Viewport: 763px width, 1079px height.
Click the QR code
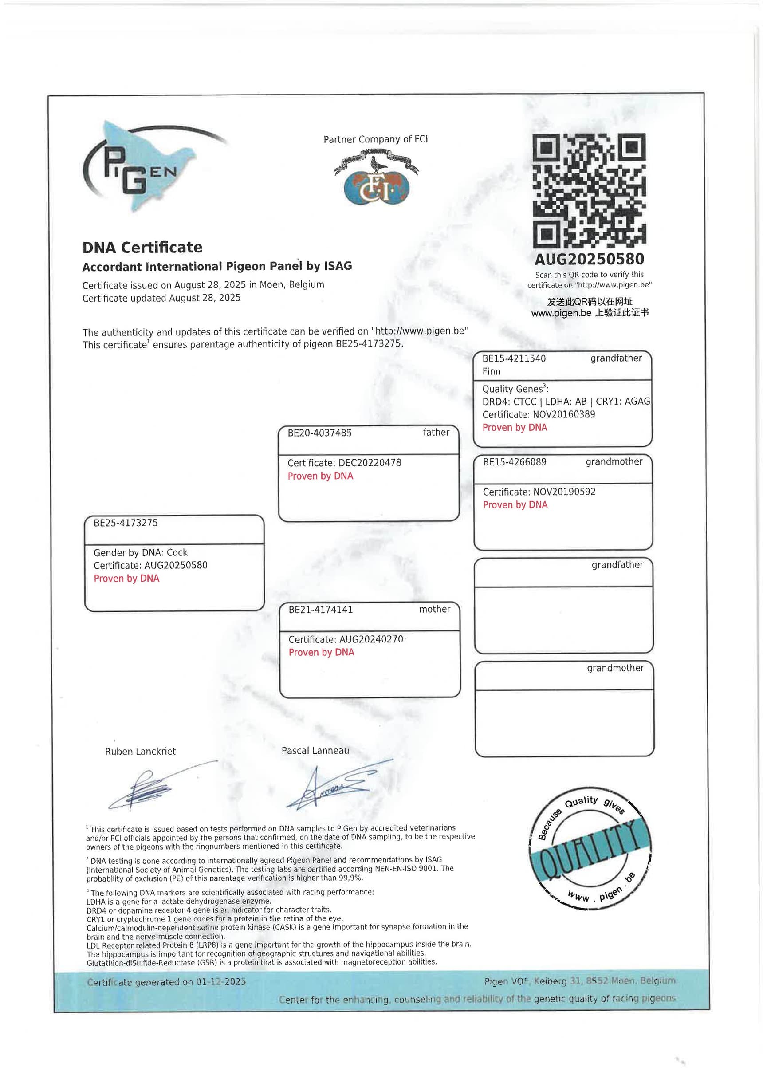[x=589, y=190]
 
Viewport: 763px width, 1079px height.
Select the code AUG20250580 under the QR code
[x=589, y=259]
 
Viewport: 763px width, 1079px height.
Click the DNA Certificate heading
[x=142, y=247]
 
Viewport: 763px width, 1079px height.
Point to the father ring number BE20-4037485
[x=319, y=433]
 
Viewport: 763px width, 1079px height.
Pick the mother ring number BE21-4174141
[x=320, y=610]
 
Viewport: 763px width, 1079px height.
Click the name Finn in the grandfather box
[x=492, y=371]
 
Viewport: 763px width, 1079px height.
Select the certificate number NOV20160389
[x=564, y=414]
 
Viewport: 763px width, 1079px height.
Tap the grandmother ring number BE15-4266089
[x=515, y=461]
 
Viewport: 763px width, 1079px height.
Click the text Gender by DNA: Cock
[x=141, y=552]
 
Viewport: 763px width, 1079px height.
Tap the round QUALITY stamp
[x=590, y=848]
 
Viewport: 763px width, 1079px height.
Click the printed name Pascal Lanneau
[x=315, y=751]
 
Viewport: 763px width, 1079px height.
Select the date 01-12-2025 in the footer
[x=221, y=982]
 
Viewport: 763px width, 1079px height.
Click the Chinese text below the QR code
[x=590, y=307]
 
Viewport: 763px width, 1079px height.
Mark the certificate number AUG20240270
[x=371, y=639]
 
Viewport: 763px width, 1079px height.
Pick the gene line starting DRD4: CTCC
[x=566, y=402]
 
